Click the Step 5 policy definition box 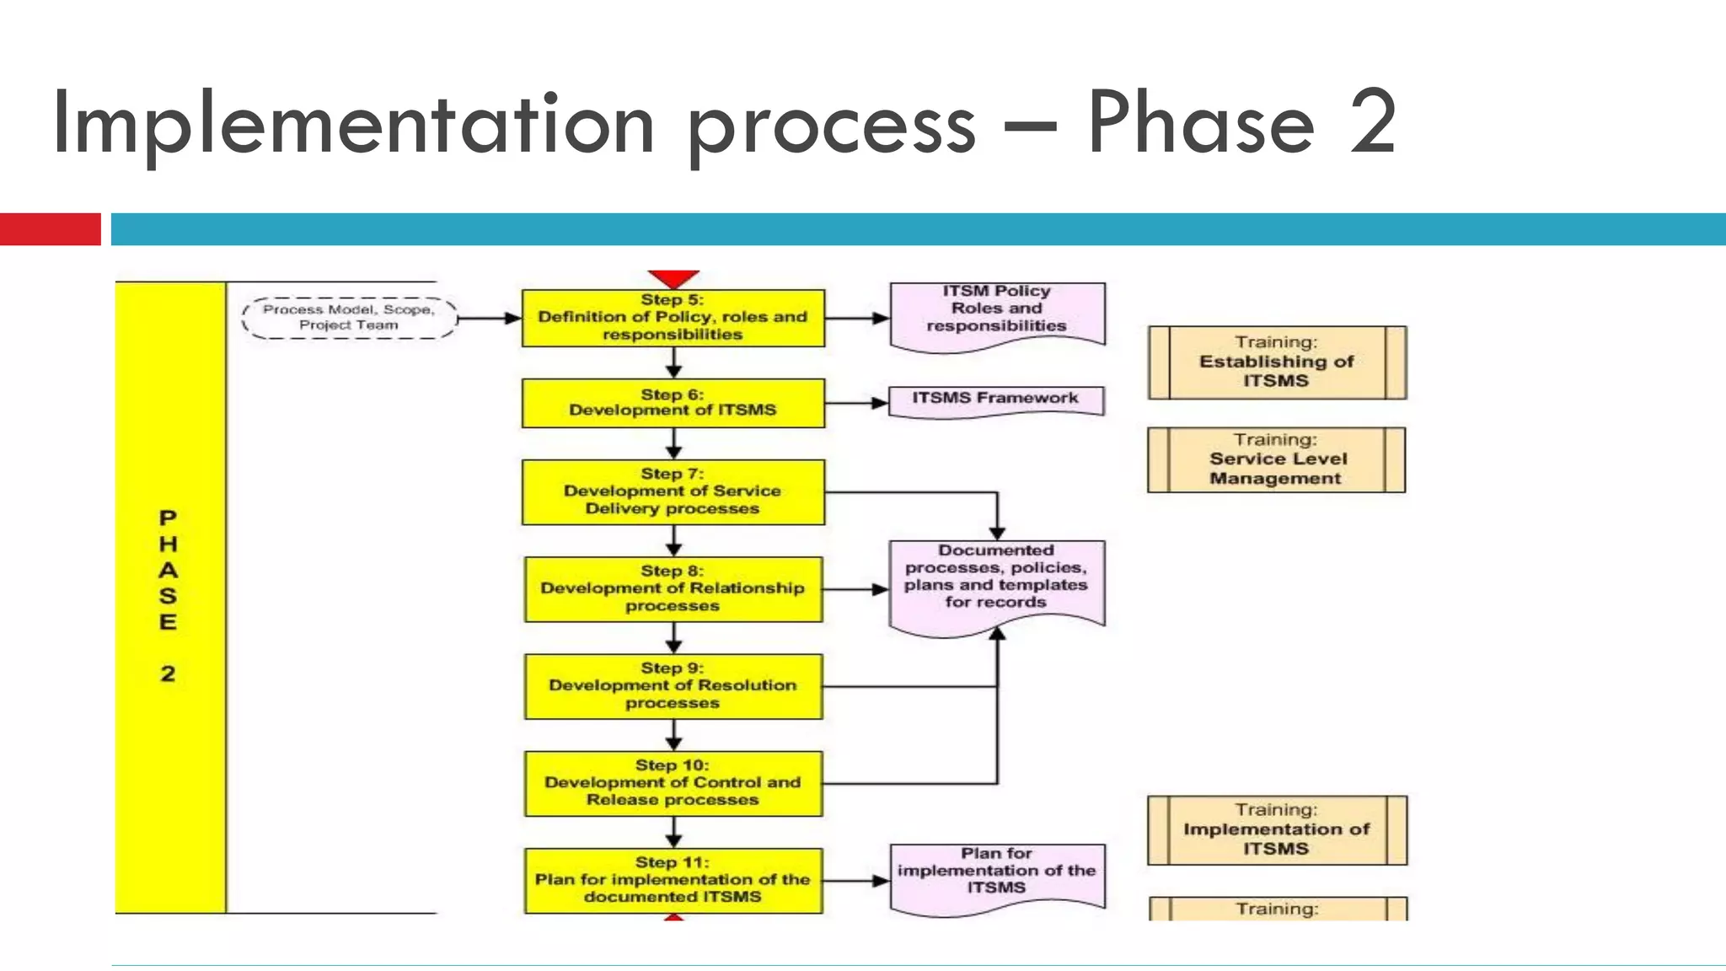point(673,318)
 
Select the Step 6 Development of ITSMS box point(673,403)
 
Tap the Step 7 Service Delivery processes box point(673,492)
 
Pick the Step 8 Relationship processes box point(673,589)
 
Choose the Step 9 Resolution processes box point(673,686)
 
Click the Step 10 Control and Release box point(673,783)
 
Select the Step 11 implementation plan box point(673,880)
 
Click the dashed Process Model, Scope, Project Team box point(349,318)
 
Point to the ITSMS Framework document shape point(995,399)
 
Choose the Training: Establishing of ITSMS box point(1276,362)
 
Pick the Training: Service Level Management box point(1276,459)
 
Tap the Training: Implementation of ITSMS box point(1276,829)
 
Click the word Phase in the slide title point(1200,125)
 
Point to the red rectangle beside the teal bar point(50,229)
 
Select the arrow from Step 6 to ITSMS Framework point(856,403)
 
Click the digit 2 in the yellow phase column point(168,673)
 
